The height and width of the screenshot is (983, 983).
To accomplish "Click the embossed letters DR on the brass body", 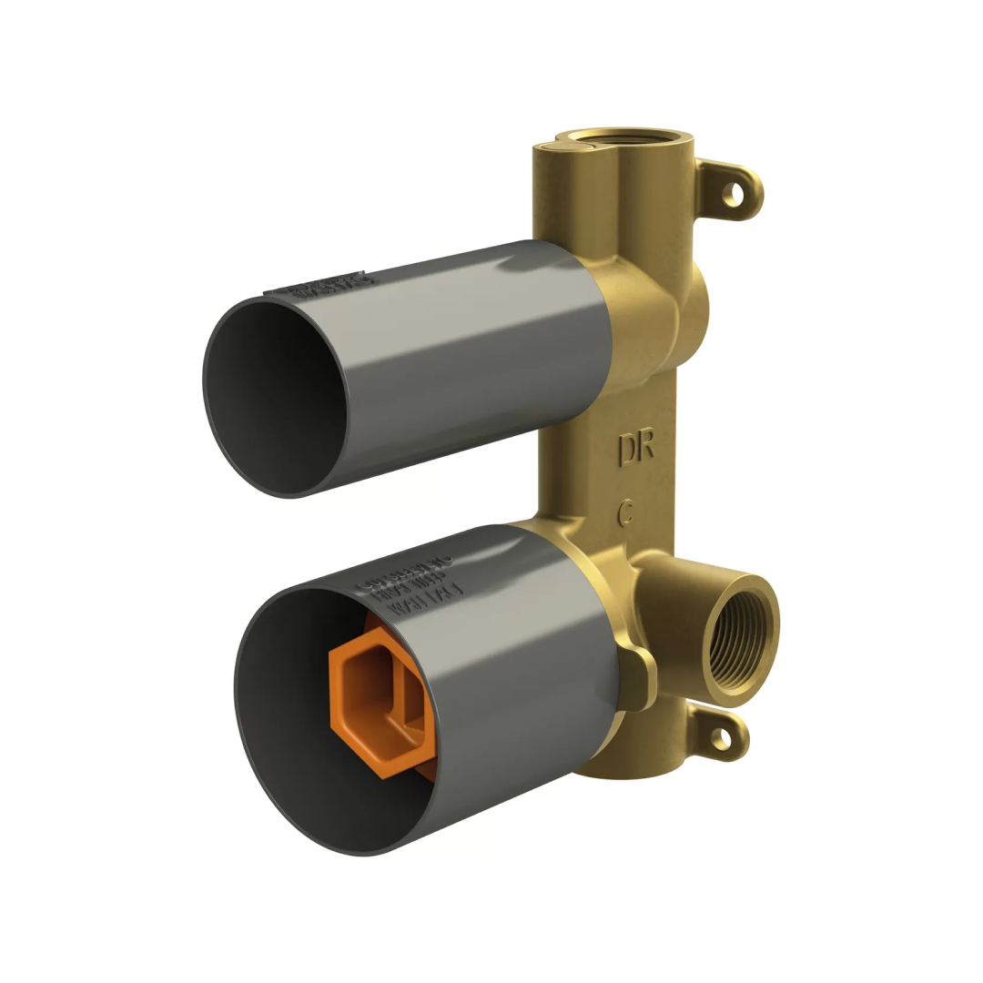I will [636, 449].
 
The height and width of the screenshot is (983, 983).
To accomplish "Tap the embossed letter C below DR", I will [625, 512].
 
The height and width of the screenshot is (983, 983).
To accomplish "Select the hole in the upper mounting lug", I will [733, 193].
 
